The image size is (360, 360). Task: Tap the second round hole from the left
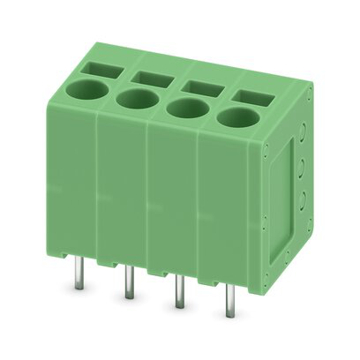click(135, 98)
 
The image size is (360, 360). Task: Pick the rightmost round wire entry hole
click(236, 117)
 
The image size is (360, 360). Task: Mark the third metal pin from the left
click(177, 294)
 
